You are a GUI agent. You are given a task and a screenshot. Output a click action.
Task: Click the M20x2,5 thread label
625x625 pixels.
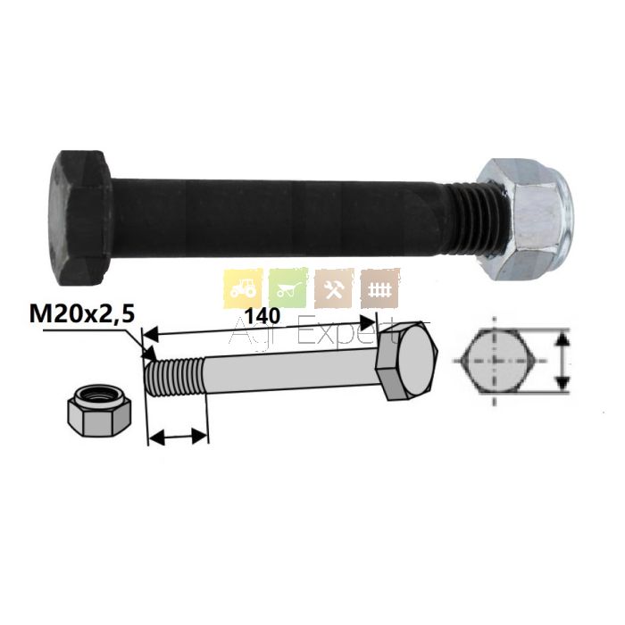coord(83,314)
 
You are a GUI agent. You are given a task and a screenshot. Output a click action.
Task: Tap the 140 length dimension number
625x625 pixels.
coord(262,316)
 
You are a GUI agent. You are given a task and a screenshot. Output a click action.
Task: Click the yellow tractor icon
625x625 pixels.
coord(243,288)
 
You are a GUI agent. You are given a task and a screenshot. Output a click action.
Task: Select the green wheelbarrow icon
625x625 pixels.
coord(288,288)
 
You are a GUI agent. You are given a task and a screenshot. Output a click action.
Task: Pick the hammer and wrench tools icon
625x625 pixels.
coord(334,288)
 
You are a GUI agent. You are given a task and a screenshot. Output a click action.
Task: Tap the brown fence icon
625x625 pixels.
coord(379,288)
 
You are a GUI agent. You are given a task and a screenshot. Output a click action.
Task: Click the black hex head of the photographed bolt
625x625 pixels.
coord(82,218)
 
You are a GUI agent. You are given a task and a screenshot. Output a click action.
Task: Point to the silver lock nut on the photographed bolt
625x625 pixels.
coord(525,220)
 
